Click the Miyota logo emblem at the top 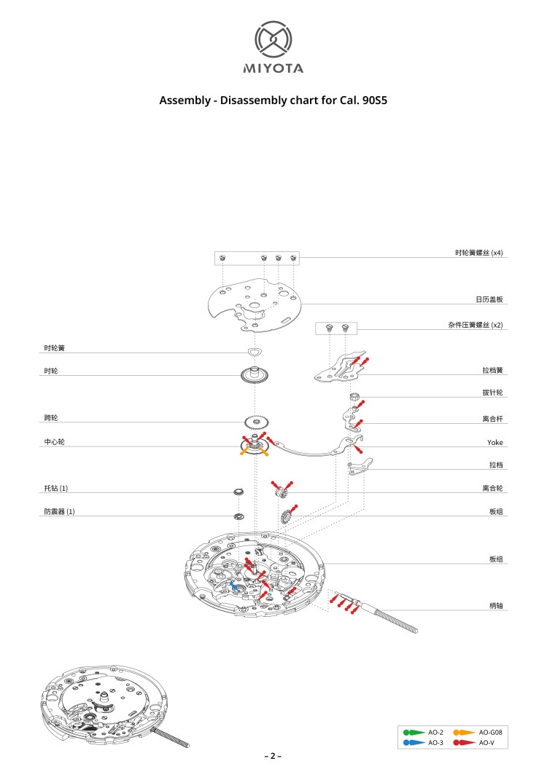[273, 39]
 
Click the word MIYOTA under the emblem [273, 68]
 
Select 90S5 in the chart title [375, 101]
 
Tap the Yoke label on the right [494, 442]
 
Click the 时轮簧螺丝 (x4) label [478, 253]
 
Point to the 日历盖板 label [489, 299]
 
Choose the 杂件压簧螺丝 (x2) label [475, 325]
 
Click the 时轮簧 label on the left [54, 348]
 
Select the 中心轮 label [54, 441]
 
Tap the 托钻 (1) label [55, 488]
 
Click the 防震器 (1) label [59, 511]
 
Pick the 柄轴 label [496, 606]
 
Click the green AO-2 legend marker [414, 733]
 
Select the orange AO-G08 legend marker [464, 733]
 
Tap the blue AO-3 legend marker [414, 742]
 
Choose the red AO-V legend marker [464, 742]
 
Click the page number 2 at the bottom [273, 756]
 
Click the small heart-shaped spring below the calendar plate [255, 352]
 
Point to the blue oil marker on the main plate [235, 586]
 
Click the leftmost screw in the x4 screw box [222, 258]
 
